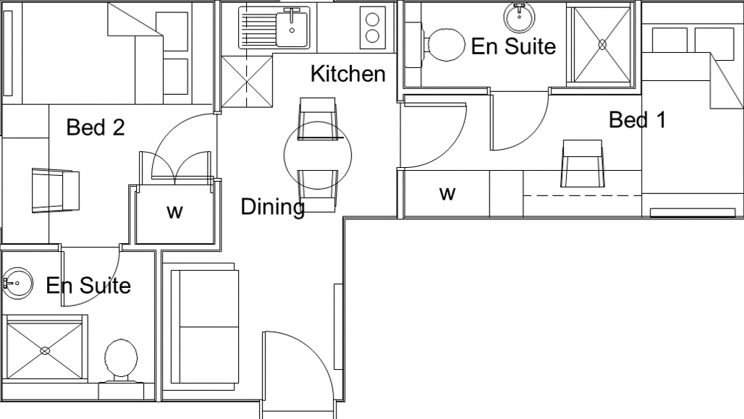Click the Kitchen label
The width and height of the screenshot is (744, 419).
pos(347,74)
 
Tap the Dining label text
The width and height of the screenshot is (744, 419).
pos(272,207)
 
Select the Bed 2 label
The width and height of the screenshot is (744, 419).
pos(96,127)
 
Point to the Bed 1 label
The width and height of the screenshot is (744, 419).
pos(637,119)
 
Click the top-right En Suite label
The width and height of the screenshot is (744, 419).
pos(513,46)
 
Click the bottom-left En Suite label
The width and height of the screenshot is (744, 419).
pos(88,285)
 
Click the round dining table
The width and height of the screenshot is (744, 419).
pos(318,155)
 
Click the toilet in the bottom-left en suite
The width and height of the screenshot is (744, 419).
pos(121,358)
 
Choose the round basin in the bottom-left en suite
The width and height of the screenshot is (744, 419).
pos(18,283)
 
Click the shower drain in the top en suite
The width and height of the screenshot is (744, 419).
pos(602,44)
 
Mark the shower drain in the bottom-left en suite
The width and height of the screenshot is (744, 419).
pos(45,351)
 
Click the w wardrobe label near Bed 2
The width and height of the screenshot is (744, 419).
pos(174,211)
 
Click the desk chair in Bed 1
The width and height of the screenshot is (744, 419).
pos(582,164)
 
